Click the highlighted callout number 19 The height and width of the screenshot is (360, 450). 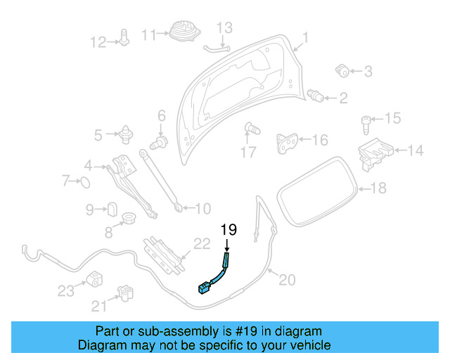[x=229, y=229]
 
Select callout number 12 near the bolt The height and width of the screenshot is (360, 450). [x=98, y=42]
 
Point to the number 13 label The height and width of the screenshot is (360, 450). [x=223, y=28]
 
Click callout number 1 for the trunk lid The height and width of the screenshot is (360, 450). [x=306, y=37]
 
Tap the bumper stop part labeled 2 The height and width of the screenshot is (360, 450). [x=317, y=95]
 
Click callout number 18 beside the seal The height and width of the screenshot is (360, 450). [x=378, y=188]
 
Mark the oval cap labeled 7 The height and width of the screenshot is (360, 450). [x=83, y=184]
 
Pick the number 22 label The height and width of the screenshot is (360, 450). [x=202, y=245]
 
